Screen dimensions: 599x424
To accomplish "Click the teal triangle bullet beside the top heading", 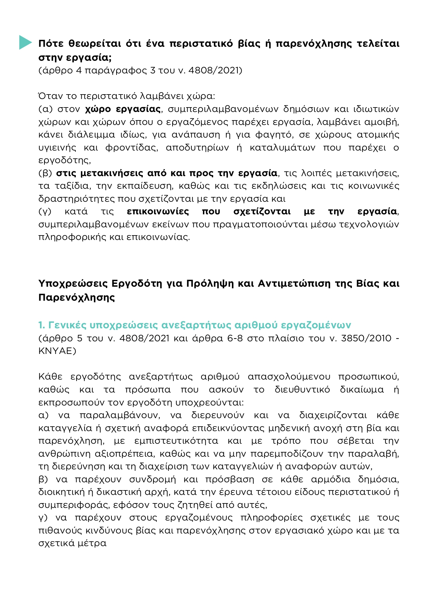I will [25, 42].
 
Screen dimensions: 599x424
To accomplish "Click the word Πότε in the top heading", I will [50, 44].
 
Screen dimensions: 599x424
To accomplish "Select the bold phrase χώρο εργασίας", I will [123, 109].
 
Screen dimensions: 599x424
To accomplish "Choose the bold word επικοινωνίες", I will [158, 212].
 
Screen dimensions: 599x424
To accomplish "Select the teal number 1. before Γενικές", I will [42, 325].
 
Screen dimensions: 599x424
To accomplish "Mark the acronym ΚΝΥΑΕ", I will [57, 351].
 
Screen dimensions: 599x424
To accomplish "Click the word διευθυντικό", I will [302, 390].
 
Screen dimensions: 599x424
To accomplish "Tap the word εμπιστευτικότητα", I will [176, 441].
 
